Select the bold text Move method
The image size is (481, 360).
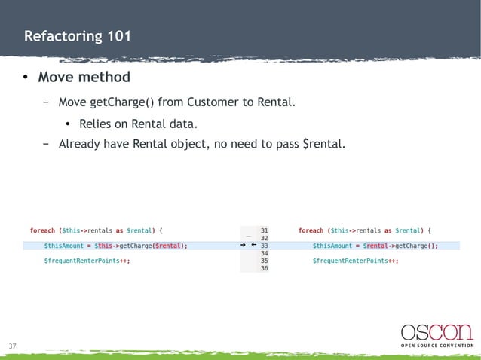click(x=84, y=77)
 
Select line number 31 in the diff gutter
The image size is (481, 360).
click(x=264, y=230)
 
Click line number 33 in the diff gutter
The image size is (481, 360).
click(x=264, y=245)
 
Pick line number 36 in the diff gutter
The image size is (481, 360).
click(x=264, y=267)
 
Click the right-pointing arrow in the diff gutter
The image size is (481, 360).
click(x=243, y=245)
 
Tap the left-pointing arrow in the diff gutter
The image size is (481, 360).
click(x=253, y=245)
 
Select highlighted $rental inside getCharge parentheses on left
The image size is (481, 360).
click(x=168, y=245)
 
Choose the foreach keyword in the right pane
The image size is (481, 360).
click(x=311, y=230)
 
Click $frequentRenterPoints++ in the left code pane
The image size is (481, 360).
click(x=86, y=260)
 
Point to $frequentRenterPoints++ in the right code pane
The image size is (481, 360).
click(x=355, y=260)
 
